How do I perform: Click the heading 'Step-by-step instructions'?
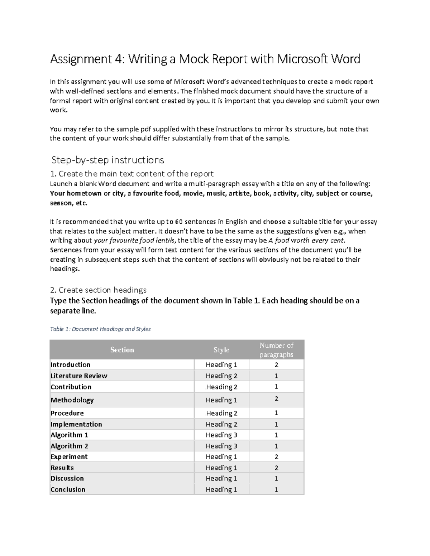click(x=107, y=160)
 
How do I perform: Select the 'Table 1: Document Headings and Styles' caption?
click(x=100, y=329)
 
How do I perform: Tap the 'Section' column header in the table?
click(x=122, y=350)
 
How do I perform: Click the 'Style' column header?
click(x=221, y=350)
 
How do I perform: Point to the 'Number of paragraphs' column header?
click(x=276, y=350)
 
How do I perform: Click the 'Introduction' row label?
click(x=70, y=365)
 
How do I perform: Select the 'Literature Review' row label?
click(x=79, y=376)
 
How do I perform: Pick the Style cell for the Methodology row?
click(x=221, y=400)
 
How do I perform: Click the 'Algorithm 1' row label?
click(x=69, y=435)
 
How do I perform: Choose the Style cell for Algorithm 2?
click(x=221, y=446)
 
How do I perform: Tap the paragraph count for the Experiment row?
click(x=276, y=457)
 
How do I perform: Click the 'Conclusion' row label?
click(x=68, y=489)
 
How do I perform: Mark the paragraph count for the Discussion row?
click(x=276, y=478)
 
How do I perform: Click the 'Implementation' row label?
click(x=76, y=424)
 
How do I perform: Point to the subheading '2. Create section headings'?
click(x=98, y=290)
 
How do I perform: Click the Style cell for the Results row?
click(x=221, y=468)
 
